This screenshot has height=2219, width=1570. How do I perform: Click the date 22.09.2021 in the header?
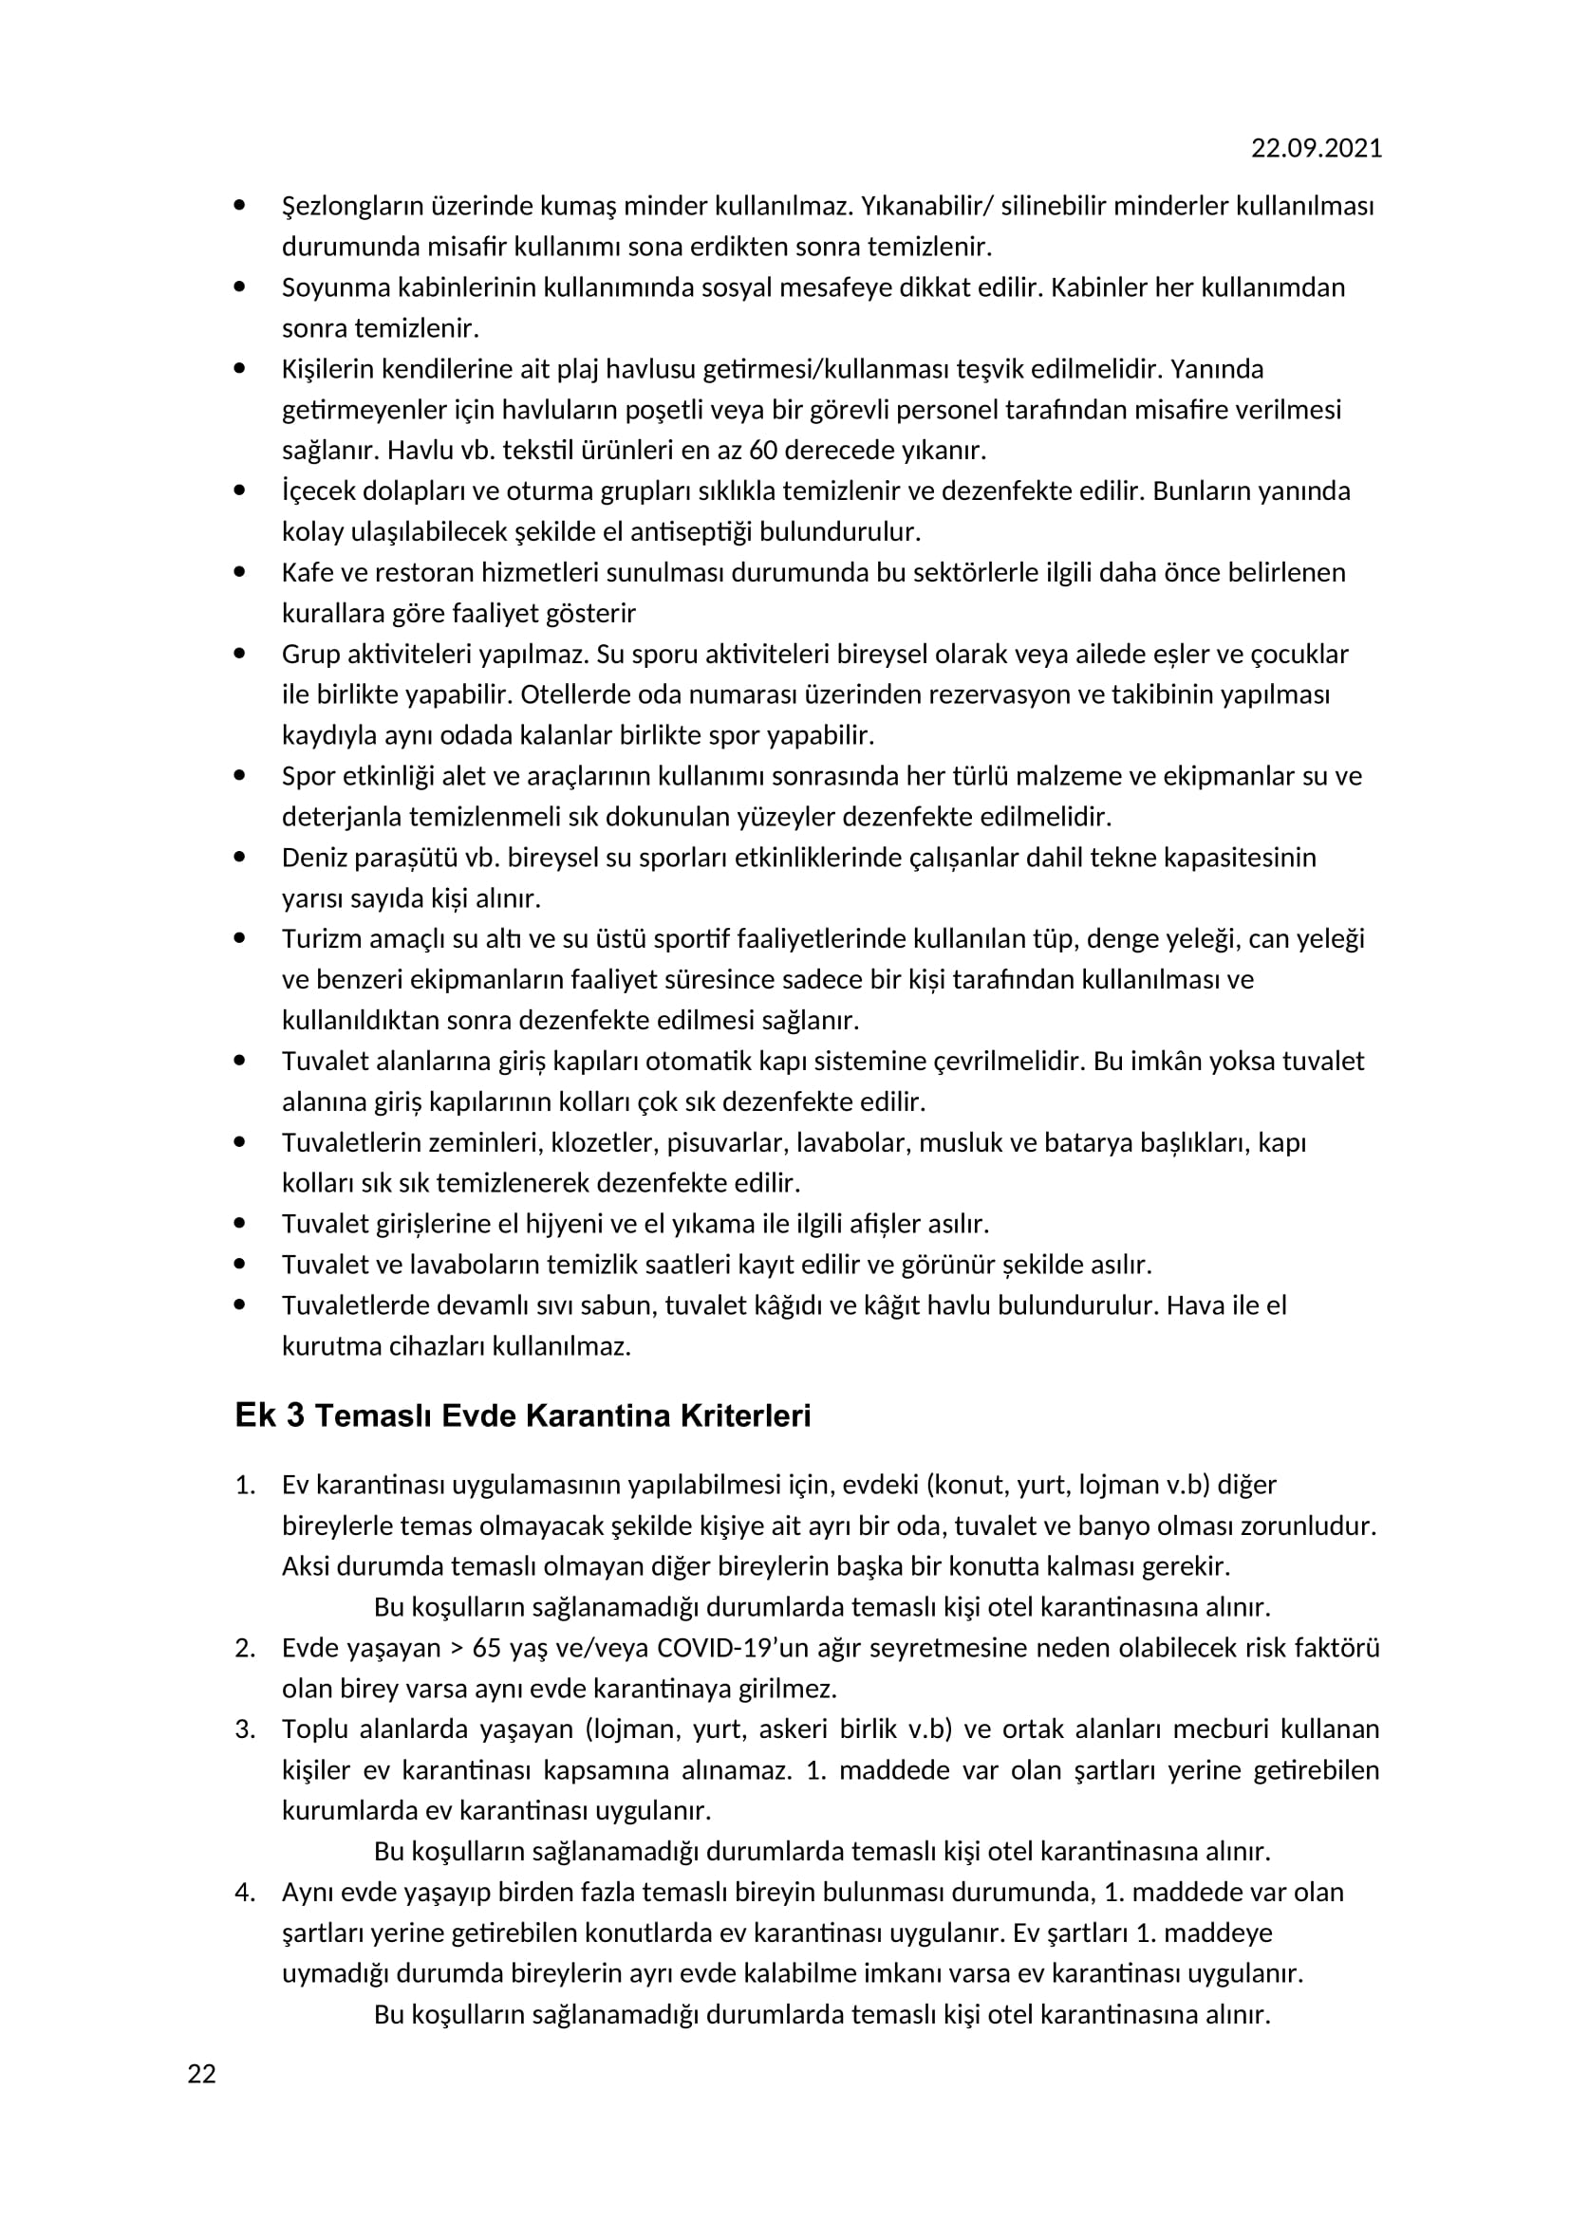click(x=1316, y=148)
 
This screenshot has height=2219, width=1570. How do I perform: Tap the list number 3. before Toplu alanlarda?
click(x=245, y=1729)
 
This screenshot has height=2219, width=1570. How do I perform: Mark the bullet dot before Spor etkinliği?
click(x=239, y=775)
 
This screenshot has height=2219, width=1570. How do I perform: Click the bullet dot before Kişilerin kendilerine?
click(x=239, y=368)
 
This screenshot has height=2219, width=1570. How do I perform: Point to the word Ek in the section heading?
click(x=255, y=1415)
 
